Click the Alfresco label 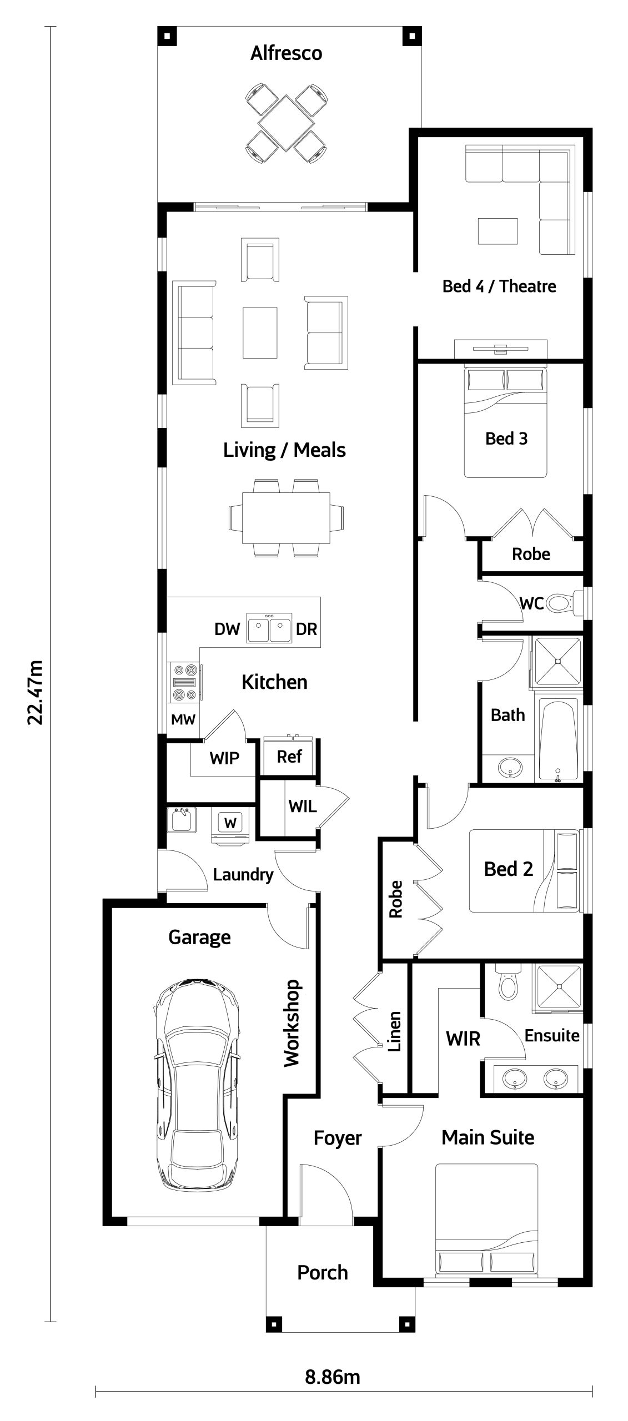[286, 53]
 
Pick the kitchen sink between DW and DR [269, 628]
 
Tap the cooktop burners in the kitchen [185, 682]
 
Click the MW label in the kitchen [183, 720]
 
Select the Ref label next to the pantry [289, 756]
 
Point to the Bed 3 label [506, 439]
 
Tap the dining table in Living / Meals [286, 518]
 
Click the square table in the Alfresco [286, 123]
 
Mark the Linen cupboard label [394, 1031]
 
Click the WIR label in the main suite [463, 1039]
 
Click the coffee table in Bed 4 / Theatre [498, 231]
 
